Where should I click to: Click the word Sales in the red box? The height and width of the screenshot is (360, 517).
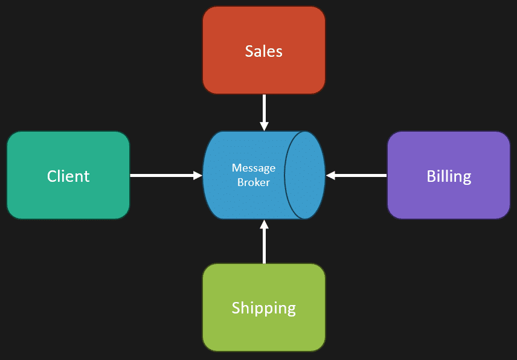click(x=264, y=51)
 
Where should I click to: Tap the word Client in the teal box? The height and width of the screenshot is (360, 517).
click(x=68, y=176)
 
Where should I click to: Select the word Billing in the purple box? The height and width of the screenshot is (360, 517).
click(x=449, y=176)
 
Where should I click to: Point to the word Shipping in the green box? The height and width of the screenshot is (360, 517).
click(x=264, y=308)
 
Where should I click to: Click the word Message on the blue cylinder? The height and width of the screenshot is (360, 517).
click(x=254, y=168)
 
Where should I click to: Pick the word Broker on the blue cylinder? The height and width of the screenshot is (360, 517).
click(x=254, y=181)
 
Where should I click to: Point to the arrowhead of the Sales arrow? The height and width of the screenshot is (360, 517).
click(x=264, y=126)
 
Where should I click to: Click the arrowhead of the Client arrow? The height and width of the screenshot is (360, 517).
click(x=197, y=176)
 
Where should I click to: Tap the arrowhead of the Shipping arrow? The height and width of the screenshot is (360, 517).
click(x=264, y=225)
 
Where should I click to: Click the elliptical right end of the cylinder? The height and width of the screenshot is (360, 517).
click(x=305, y=175)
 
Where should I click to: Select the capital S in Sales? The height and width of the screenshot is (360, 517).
click(x=249, y=51)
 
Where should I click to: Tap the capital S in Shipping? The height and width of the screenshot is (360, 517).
click(x=236, y=308)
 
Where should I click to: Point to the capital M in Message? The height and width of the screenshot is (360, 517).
click(x=236, y=168)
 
